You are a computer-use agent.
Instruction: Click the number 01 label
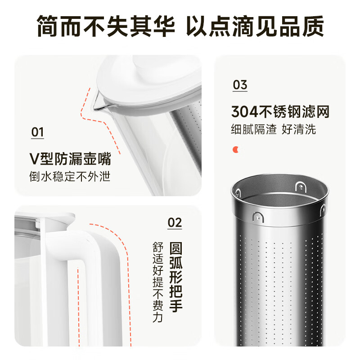tap(37, 132)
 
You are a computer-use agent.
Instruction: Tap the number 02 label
tap(175, 222)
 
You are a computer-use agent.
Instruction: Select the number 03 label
tap(240, 85)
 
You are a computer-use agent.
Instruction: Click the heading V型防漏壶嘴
tap(70, 159)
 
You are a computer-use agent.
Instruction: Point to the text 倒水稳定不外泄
tap(70, 176)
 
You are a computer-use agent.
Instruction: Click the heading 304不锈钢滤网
tap(280, 112)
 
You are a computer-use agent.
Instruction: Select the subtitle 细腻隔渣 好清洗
tap(274, 129)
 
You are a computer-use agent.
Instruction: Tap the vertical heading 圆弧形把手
tap(176, 277)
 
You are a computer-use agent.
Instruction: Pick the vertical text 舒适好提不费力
tap(158, 282)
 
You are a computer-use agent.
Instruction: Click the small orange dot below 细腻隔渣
tap(235, 149)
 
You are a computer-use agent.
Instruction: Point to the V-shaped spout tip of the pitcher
tap(94, 108)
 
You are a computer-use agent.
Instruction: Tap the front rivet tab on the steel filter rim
tap(257, 217)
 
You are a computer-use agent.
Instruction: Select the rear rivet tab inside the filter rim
tap(301, 187)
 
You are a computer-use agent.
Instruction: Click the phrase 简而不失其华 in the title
tap(106, 27)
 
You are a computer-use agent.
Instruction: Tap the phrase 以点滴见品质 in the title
tap(255, 27)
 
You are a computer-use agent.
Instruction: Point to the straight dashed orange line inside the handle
tap(78, 307)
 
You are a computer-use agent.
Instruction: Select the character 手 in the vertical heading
tap(176, 306)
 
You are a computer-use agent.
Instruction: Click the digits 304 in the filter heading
tap(245, 112)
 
